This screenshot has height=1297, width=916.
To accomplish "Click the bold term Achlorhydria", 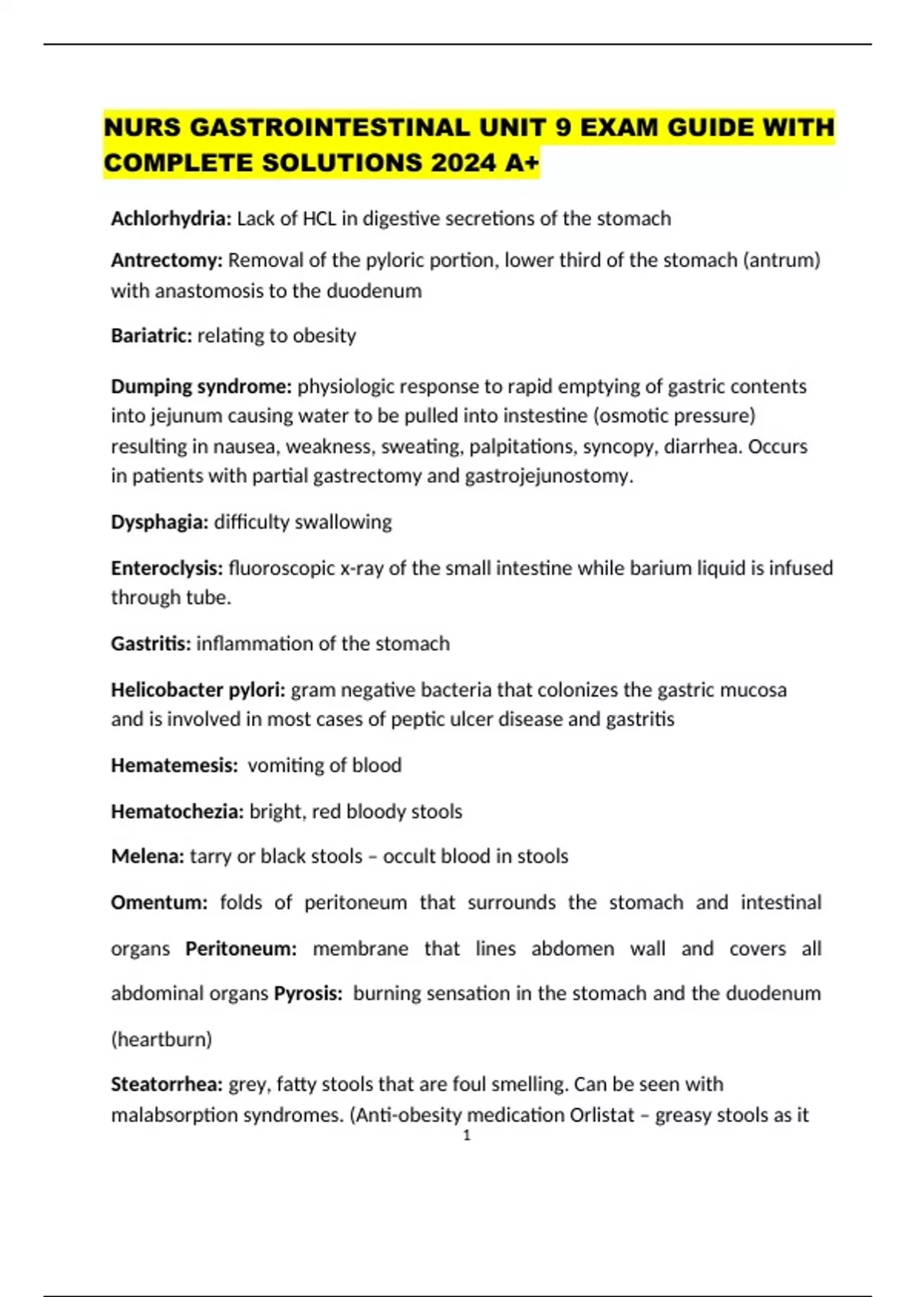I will click(x=170, y=219).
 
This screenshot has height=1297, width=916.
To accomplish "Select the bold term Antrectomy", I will click(x=166, y=260).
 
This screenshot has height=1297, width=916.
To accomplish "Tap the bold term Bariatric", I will click(x=151, y=336).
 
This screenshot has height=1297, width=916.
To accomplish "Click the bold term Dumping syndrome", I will click(x=201, y=386).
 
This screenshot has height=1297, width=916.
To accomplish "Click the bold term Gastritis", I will click(x=150, y=644).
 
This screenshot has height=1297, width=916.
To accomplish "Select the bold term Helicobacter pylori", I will click(x=198, y=690).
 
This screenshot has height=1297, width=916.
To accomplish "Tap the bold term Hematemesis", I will click(x=174, y=765).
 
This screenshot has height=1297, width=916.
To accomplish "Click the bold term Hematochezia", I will click(x=177, y=811).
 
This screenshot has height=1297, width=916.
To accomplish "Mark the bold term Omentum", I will click(x=159, y=903).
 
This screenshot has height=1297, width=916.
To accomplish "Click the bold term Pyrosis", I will click(x=308, y=993).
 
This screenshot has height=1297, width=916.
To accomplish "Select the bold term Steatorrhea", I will click(x=166, y=1084).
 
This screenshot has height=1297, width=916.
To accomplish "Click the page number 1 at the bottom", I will click(x=466, y=1135).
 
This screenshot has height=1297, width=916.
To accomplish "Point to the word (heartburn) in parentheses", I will click(x=161, y=1039).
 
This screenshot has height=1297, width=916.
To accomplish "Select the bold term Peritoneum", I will click(x=240, y=948).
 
